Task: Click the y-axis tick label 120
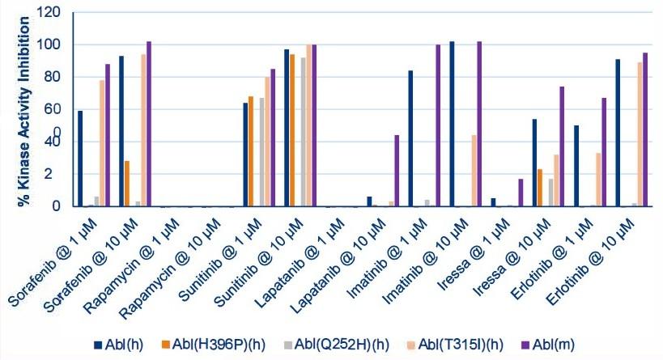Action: pyautogui.click(x=50, y=13)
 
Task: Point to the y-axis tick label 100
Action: pyautogui.click(x=50, y=45)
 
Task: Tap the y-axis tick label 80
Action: pyautogui.click(x=53, y=78)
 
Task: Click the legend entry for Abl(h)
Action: pyautogui.click(x=121, y=343)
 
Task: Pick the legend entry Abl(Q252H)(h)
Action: pyautogui.click(x=319, y=343)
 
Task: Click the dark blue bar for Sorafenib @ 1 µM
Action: pyautogui.click(x=80, y=159)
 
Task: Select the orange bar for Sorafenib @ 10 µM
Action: pyautogui.click(x=127, y=184)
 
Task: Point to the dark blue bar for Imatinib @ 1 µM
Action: pyautogui.click(x=410, y=138)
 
